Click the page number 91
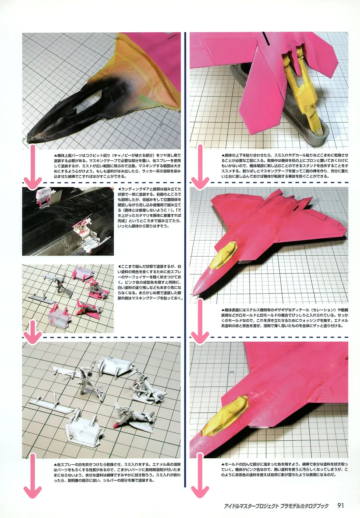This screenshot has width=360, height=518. (340, 506)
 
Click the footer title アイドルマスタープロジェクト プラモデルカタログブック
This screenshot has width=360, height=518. (276, 506)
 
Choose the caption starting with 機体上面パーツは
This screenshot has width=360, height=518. (117, 166)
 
